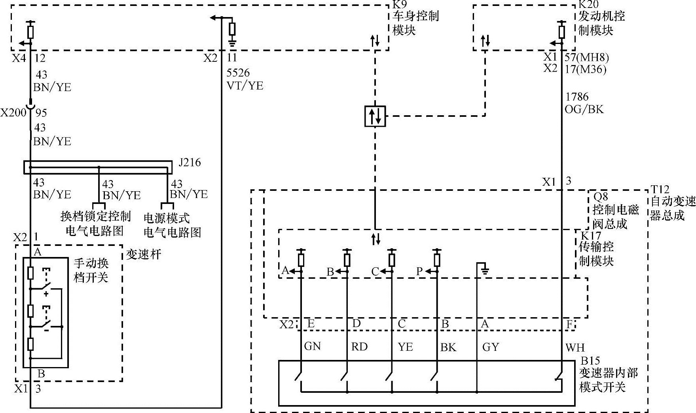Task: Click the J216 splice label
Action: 190,162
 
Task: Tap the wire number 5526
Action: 238,73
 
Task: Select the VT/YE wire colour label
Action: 245,86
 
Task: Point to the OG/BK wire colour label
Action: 584,109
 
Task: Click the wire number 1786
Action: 577,97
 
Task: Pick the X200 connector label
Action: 13,113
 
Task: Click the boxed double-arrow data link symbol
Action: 375,116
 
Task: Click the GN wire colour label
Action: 312,346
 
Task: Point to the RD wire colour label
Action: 359,347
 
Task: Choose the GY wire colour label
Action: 491,347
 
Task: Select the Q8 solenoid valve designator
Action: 601,197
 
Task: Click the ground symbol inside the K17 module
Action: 485,271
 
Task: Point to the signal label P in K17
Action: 419,271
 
